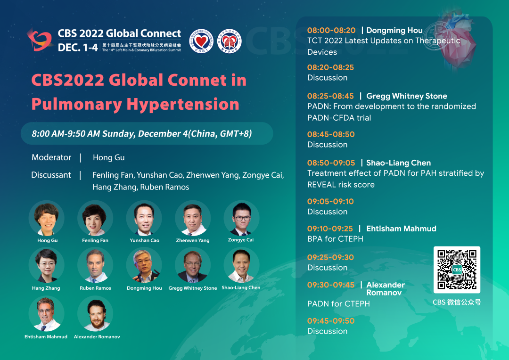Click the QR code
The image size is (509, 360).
457,270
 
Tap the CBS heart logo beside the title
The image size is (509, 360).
40,40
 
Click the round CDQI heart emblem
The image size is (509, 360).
201,41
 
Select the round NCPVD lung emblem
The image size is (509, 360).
229,41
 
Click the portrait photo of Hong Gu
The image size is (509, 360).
46,218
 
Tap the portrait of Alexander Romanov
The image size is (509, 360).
95,313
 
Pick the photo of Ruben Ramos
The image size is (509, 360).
95,265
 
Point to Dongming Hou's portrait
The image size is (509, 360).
144,265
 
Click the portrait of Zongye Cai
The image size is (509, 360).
241,218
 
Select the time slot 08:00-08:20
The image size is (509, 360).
331,30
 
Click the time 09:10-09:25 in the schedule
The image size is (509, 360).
330,229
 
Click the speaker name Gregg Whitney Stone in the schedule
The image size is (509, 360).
406,96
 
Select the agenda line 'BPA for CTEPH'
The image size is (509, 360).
336,239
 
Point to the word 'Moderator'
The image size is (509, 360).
51,157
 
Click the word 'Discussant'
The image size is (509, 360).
51,175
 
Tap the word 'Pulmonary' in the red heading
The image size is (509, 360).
77,105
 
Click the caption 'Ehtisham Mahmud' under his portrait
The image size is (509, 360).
46,336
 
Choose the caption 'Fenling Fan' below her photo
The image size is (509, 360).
95,240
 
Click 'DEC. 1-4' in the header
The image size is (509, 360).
78,48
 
